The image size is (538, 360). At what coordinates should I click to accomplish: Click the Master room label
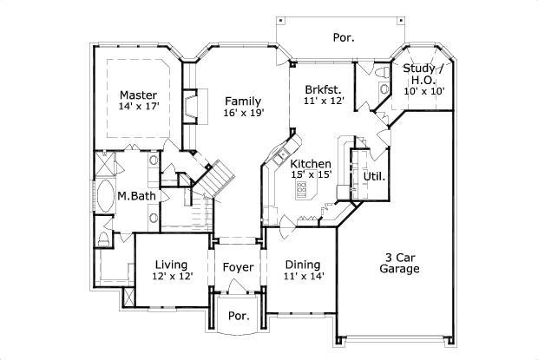pos(137,95)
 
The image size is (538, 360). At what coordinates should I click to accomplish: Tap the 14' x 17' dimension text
pos(139,107)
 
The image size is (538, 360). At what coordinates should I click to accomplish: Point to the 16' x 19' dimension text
pos(243,112)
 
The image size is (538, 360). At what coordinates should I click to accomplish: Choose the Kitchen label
pos(311,163)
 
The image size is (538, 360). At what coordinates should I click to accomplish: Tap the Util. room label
pos(374,176)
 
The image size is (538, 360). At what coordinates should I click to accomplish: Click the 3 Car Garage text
pos(399,263)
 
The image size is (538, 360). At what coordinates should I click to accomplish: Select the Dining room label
pos(301,265)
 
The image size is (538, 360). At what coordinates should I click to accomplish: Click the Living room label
pos(173,264)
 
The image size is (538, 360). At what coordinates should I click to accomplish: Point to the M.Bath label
pos(136,196)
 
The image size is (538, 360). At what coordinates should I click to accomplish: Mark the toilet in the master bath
pos(103,238)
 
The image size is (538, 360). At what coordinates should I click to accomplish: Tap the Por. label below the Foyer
pos(238,316)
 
